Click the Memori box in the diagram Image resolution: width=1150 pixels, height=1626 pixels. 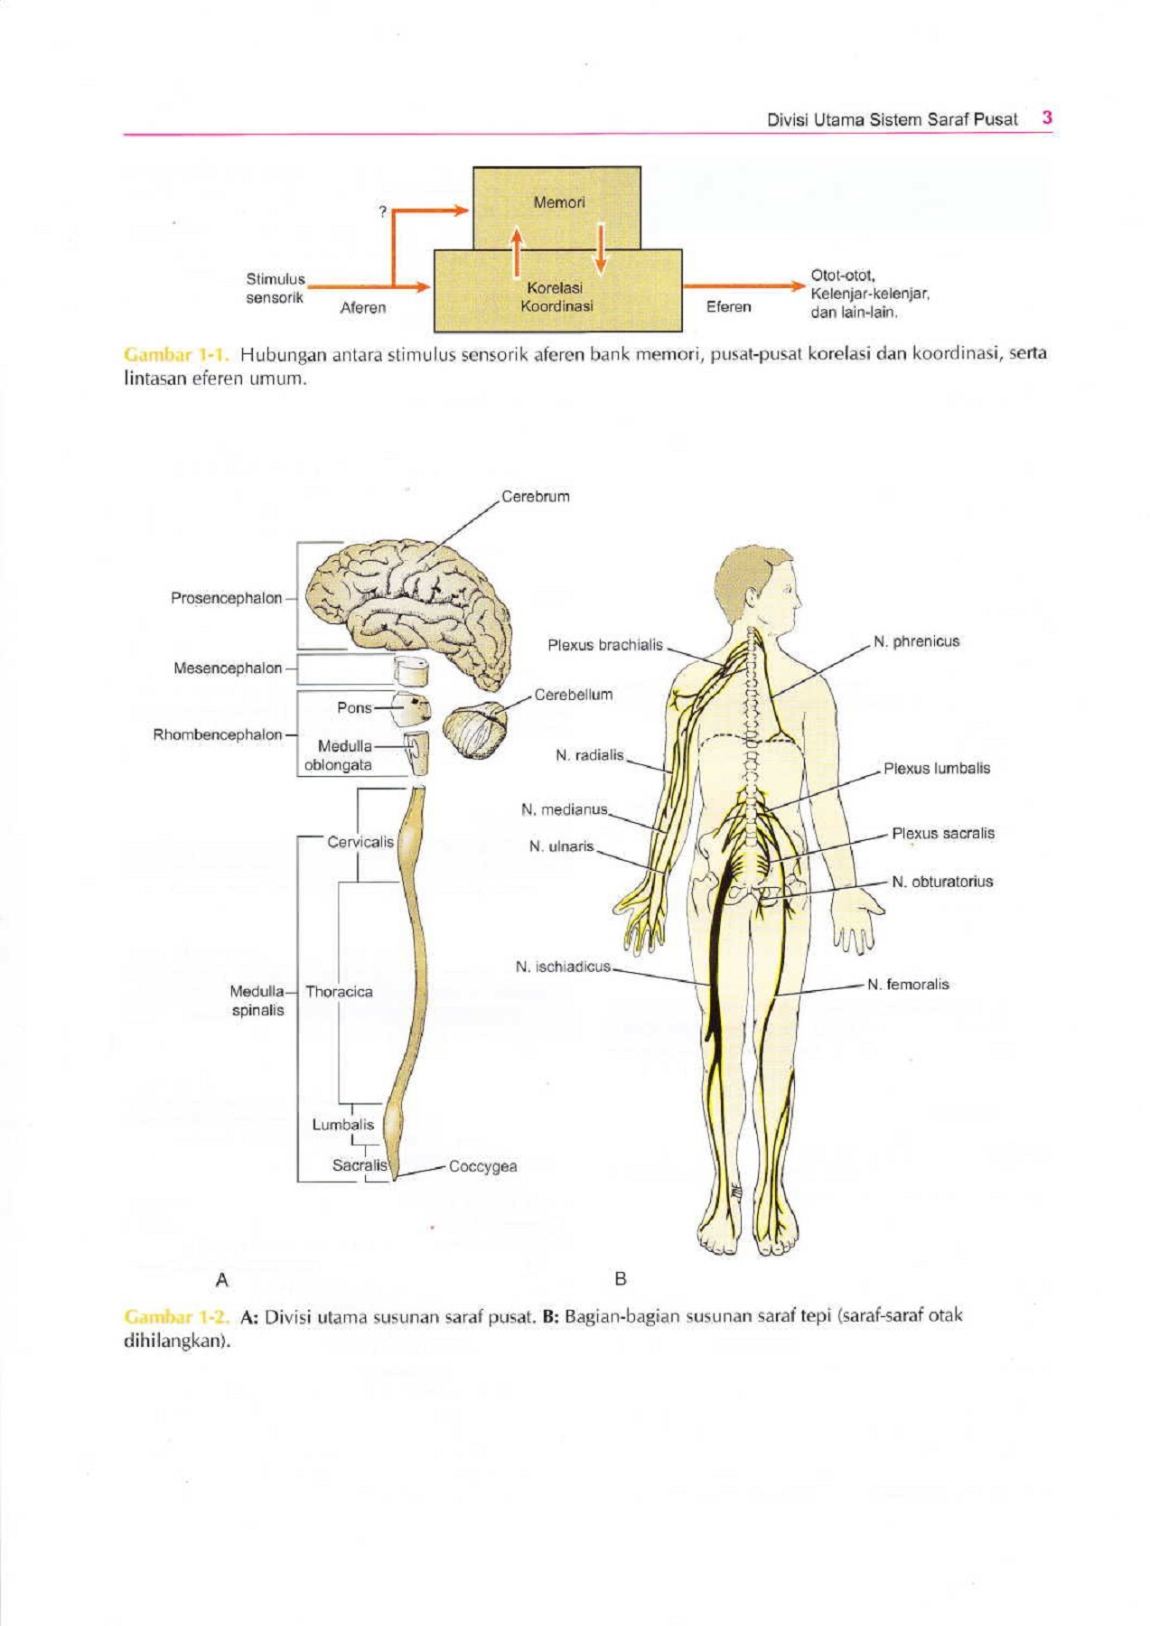click(x=557, y=207)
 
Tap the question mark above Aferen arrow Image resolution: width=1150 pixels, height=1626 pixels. click(x=383, y=211)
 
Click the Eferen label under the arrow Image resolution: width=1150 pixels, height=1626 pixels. click(x=728, y=307)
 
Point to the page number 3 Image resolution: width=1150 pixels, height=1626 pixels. click(x=1047, y=117)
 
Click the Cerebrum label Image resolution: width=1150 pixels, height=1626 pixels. click(x=536, y=497)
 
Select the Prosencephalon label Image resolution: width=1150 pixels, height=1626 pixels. click(x=226, y=598)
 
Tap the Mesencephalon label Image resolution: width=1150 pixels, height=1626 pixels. click(x=228, y=668)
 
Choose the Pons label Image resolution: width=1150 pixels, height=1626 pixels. click(x=354, y=707)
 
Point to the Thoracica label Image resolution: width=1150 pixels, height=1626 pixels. click(x=339, y=992)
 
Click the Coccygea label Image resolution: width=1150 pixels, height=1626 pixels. click(x=482, y=1166)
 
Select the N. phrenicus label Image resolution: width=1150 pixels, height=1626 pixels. click(x=916, y=641)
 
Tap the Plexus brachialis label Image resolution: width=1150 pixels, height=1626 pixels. click(x=605, y=645)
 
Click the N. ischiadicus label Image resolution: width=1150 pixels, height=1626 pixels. click(x=563, y=967)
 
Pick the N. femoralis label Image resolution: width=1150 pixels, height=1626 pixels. click(x=908, y=985)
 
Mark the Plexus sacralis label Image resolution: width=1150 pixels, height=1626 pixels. click(x=943, y=833)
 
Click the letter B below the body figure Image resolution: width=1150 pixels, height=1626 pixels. click(x=620, y=1279)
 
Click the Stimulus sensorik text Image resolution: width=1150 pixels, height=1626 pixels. click(x=276, y=288)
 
